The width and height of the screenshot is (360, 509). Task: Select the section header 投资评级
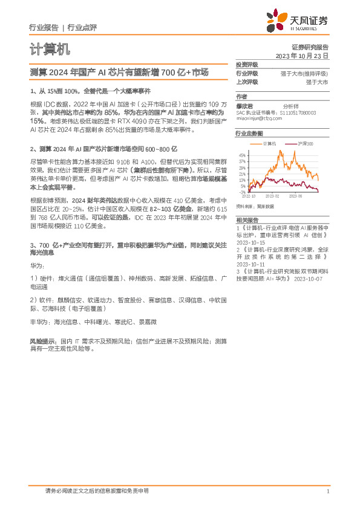click(247, 64)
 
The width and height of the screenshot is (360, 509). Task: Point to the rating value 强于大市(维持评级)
click(304, 73)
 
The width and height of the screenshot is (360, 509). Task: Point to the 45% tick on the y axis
click(242, 154)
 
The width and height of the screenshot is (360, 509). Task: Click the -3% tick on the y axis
click(243, 192)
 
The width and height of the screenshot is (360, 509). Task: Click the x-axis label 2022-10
click(249, 196)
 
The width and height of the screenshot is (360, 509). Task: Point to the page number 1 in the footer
click(327, 490)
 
